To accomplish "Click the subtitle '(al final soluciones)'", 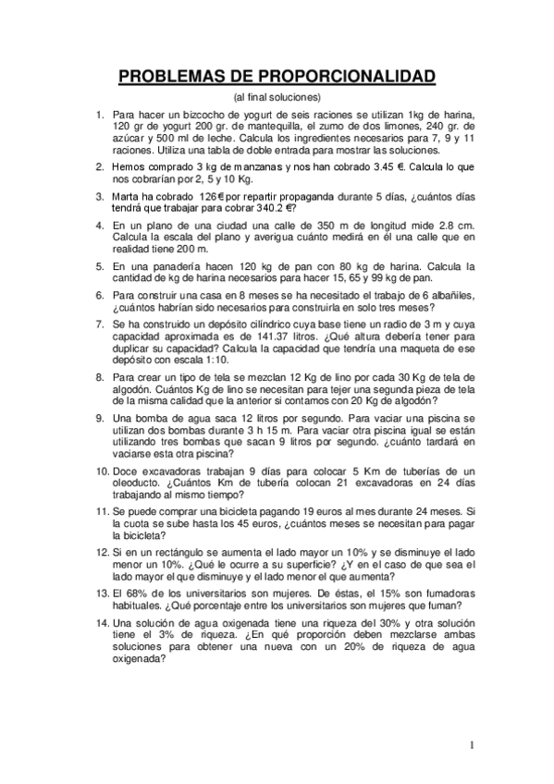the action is click(x=277, y=96).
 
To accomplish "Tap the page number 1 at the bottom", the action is click(x=471, y=745).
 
